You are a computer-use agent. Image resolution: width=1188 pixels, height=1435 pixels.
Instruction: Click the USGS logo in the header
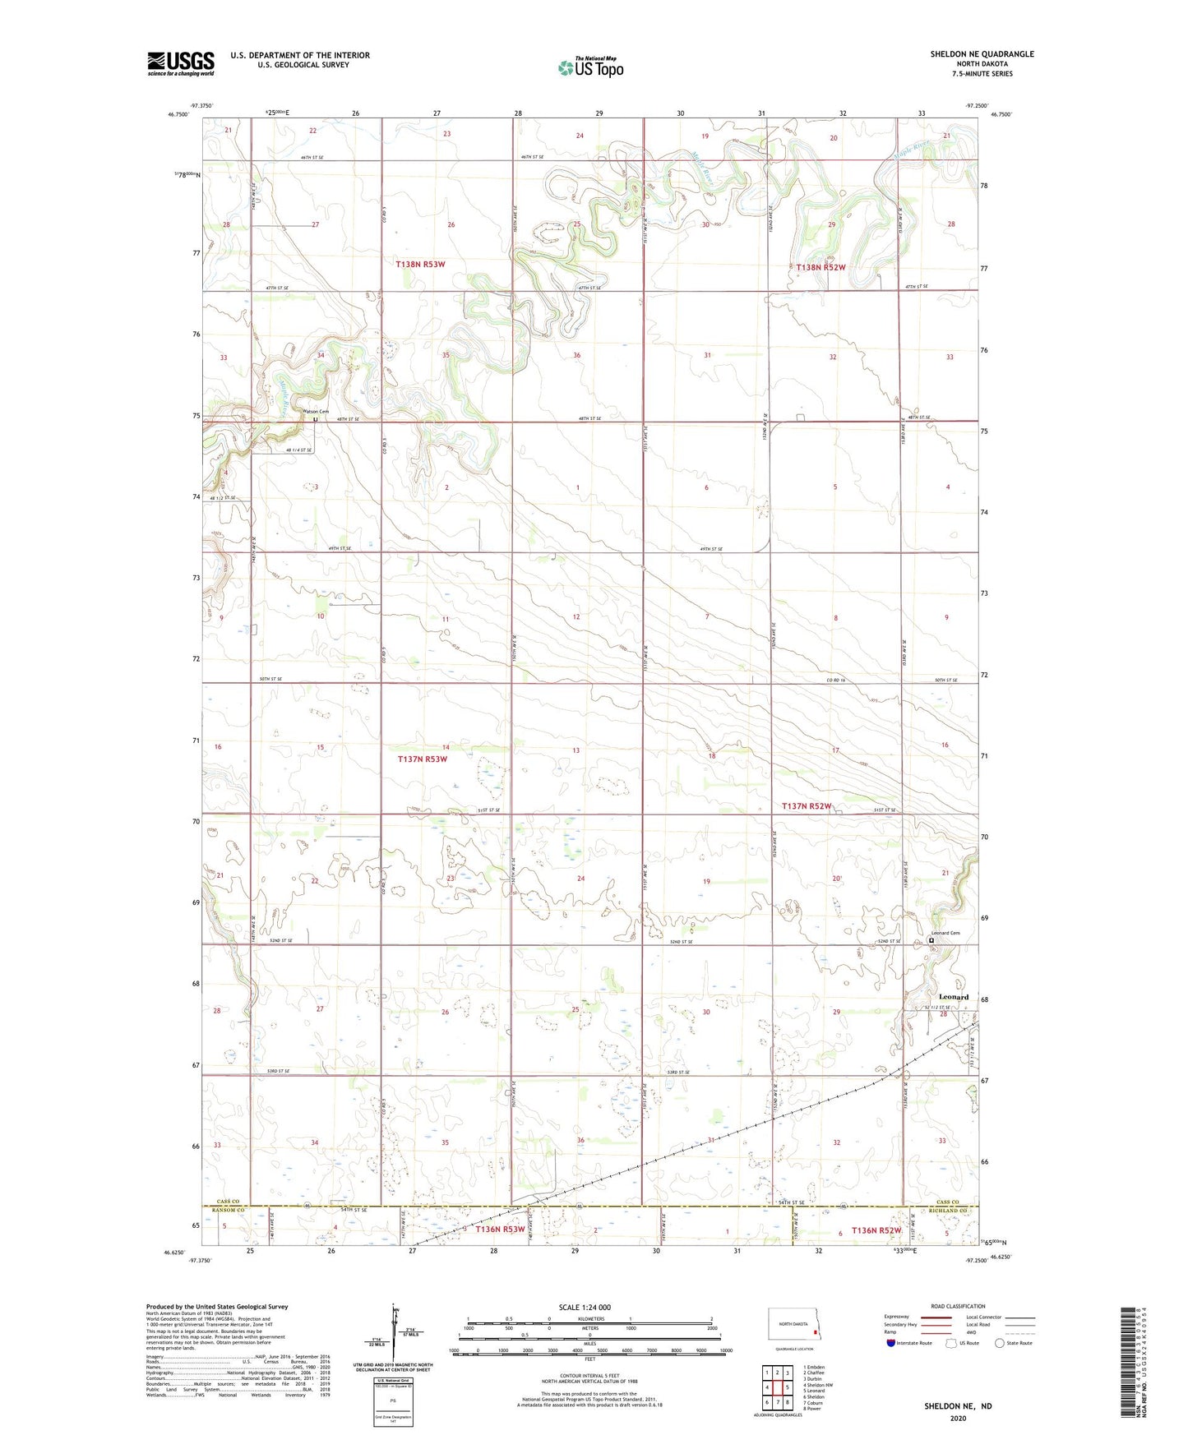click(181, 62)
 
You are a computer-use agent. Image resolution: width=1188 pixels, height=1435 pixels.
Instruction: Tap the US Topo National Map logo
click(590, 67)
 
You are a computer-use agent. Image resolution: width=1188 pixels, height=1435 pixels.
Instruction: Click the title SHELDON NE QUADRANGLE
click(982, 54)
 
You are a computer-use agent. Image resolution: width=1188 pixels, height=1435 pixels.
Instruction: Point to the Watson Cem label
click(316, 412)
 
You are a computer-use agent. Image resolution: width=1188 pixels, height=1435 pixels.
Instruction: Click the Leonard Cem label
click(945, 933)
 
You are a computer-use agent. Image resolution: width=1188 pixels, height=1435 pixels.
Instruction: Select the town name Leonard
click(954, 997)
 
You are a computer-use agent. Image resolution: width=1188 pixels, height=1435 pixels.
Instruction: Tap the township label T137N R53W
click(423, 759)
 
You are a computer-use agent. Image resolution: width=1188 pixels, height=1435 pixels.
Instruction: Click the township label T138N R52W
click(821, 267)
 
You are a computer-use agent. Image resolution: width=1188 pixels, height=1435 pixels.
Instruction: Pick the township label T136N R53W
click(501, 1230)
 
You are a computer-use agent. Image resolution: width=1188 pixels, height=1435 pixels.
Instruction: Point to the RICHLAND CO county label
click(952, 1211)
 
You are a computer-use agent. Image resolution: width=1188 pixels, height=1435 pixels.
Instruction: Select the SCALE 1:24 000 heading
click(585, 1308)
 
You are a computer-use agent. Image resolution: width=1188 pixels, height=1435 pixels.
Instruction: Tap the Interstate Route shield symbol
click(892, 1343)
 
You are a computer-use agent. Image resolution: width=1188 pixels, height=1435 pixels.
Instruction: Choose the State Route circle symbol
click(999, 1343)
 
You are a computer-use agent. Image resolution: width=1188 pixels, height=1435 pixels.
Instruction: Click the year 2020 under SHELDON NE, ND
click(958, 1418)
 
